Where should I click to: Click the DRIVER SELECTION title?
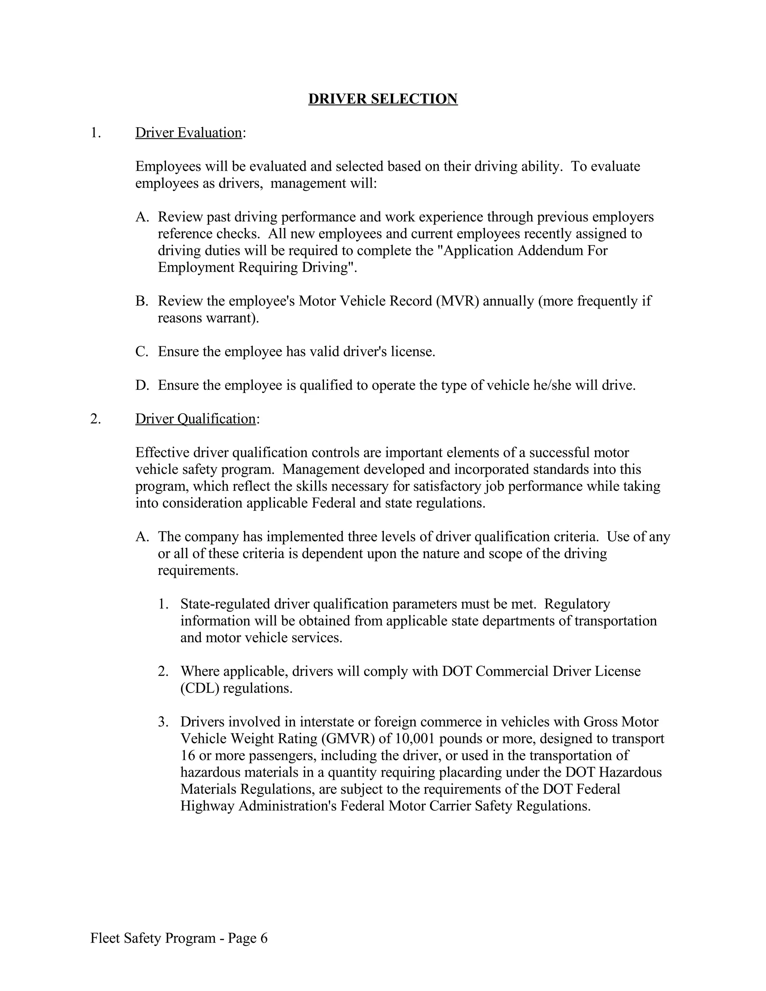coord(383,99)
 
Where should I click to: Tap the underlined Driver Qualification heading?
coord(195,419)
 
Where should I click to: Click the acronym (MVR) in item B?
coord(457,301)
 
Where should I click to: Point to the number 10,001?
coord(415,739)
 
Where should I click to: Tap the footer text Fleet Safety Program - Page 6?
coord(179,938)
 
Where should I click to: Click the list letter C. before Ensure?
coord(142,352)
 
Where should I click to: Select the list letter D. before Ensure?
coord(142,385)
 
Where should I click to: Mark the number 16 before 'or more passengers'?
coord(187,755)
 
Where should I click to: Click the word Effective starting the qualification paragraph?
coord(162,452)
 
